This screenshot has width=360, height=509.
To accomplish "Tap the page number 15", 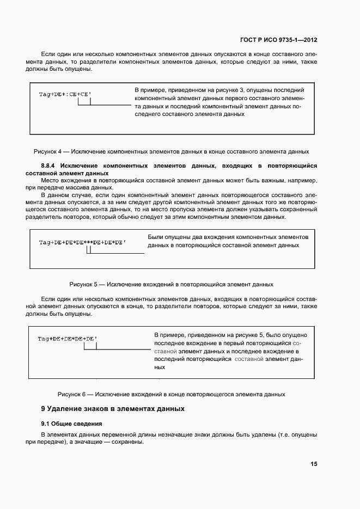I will [x=314, y=464].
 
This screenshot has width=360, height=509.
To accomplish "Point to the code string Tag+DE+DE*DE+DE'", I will [x=68, y=339].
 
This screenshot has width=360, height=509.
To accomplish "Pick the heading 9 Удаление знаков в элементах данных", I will [x=113, y=408].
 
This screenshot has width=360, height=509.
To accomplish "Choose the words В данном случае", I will [x=65, y=194].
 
